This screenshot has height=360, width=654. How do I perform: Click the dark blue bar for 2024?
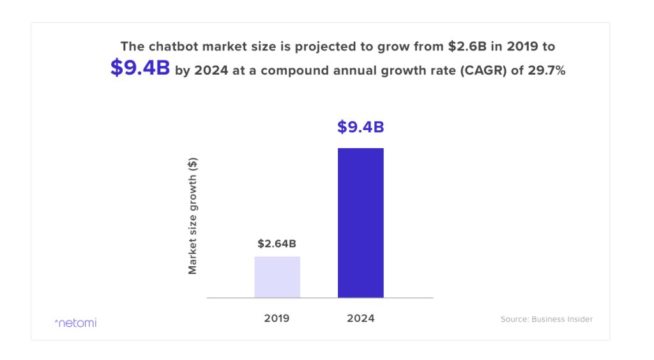tap(360, 223)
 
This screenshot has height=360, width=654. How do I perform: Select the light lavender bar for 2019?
tap(277, 277)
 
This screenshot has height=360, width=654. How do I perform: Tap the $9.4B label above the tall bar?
tap(360, 127)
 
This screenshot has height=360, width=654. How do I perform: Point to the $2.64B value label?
tap(277, 243)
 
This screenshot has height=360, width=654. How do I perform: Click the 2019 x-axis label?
tap(277, 318)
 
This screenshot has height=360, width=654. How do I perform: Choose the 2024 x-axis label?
tap(360, 318)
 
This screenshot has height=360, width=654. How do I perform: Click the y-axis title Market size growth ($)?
tap(193, 215)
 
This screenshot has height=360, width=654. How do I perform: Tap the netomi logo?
tap(75, 322)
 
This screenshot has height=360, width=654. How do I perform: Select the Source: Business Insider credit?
tap(546, 319)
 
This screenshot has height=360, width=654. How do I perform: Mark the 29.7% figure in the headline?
tap(547, 71)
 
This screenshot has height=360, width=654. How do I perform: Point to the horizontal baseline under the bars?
tap(319, 298)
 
